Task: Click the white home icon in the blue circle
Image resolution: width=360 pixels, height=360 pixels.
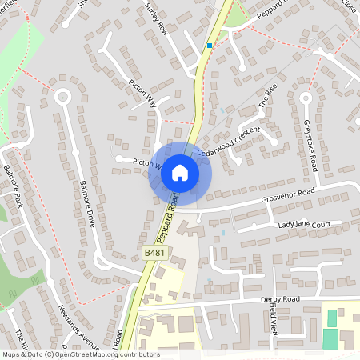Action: tap(180, 172)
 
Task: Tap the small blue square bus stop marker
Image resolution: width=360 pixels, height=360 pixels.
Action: tap(210, 46)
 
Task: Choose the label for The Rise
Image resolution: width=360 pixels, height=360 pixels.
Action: tap(266, 101)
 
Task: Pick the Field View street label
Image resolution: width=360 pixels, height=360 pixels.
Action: tap(273, 318)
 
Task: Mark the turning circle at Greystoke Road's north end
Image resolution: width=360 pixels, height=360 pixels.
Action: tap(305, 99)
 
